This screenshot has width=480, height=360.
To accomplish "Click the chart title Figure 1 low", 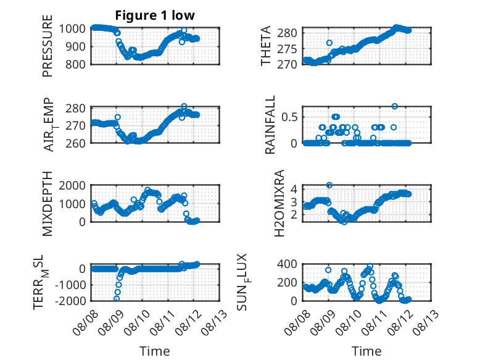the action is [155, 15].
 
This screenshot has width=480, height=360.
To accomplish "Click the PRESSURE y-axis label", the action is [48, 46].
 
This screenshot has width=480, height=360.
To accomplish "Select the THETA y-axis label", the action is [266, 46].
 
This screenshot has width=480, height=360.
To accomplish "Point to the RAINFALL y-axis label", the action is [270, 125].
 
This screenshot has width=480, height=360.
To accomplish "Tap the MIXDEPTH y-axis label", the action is [48, 203].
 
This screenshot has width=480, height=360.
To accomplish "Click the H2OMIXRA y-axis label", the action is [279, 203].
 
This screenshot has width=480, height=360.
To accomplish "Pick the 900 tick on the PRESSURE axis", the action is [77, 47].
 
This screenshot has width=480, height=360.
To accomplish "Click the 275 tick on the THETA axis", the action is [287, 49].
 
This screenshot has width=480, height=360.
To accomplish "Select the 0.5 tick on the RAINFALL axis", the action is [289, 117].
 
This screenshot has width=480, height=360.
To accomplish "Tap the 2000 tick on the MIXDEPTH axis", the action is [72, 185].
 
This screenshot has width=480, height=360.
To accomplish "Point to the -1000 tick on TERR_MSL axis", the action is [70, 285].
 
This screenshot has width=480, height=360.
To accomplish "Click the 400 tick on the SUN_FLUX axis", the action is [287, 264].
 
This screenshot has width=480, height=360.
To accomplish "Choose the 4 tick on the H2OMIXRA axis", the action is [294, 189].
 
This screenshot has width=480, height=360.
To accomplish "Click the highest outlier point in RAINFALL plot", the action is [395, 106].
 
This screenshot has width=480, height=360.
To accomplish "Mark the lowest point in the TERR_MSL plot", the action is [117, 299].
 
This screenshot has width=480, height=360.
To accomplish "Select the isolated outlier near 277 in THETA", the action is [329, 43].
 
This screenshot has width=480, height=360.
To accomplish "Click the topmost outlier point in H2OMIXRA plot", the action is [329, 185].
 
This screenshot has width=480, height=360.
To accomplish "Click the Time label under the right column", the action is [366, 351].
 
